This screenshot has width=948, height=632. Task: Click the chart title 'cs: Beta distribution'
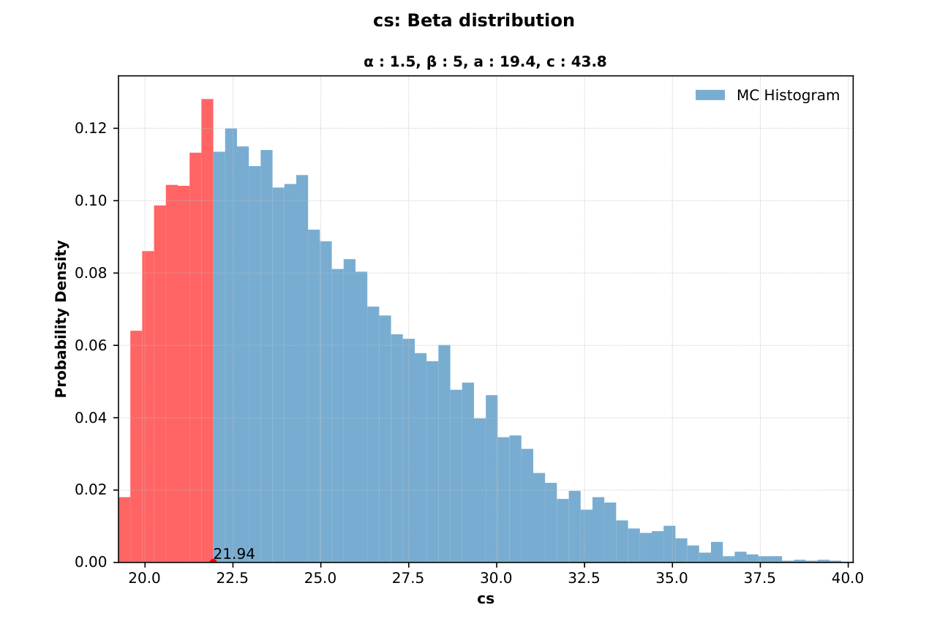(x=473, y=20)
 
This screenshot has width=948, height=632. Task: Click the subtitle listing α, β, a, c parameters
(x=484, y=62)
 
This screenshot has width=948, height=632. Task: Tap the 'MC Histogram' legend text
(x=788, y=95)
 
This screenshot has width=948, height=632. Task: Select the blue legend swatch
(x=710, y=95)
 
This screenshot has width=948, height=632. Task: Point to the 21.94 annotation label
(x=234, y=554)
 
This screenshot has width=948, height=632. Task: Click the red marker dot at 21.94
(x=213, y=561)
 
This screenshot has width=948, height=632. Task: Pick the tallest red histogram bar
(x=207, y=329)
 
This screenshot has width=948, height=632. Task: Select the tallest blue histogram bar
(x=230, y=344)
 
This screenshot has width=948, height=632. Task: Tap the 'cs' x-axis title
(x=485, y=598)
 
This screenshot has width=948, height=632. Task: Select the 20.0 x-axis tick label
(x=145, y=577)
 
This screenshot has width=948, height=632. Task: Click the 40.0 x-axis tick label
(x=848, y=577)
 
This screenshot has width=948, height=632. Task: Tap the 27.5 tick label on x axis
(x=408, y=577)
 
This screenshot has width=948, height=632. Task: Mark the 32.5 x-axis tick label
(x=584, y=577)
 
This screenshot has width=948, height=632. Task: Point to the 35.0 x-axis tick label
(x=671, y=577)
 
